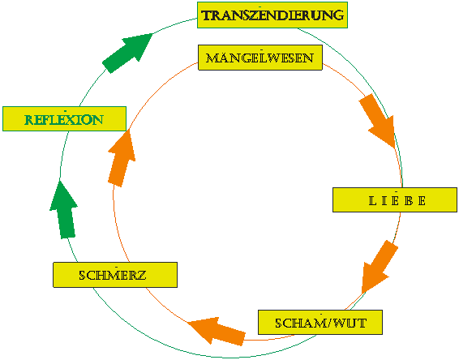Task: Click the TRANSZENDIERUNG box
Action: click(272, 15)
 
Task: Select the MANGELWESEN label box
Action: click(260, 58)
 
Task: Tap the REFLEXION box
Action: click(64, 118)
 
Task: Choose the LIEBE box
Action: click(395, 199)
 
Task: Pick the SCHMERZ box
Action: click(115, 275)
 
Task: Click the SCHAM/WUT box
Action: click(320, 322)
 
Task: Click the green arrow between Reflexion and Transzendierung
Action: click(127, 53)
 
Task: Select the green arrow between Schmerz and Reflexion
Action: click(64, 210)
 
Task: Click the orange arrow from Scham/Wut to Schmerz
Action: click(217, 331)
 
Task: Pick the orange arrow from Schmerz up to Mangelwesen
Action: click(122, 158)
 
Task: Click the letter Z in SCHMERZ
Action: click(141, 275)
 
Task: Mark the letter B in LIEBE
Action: click(409, 201)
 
